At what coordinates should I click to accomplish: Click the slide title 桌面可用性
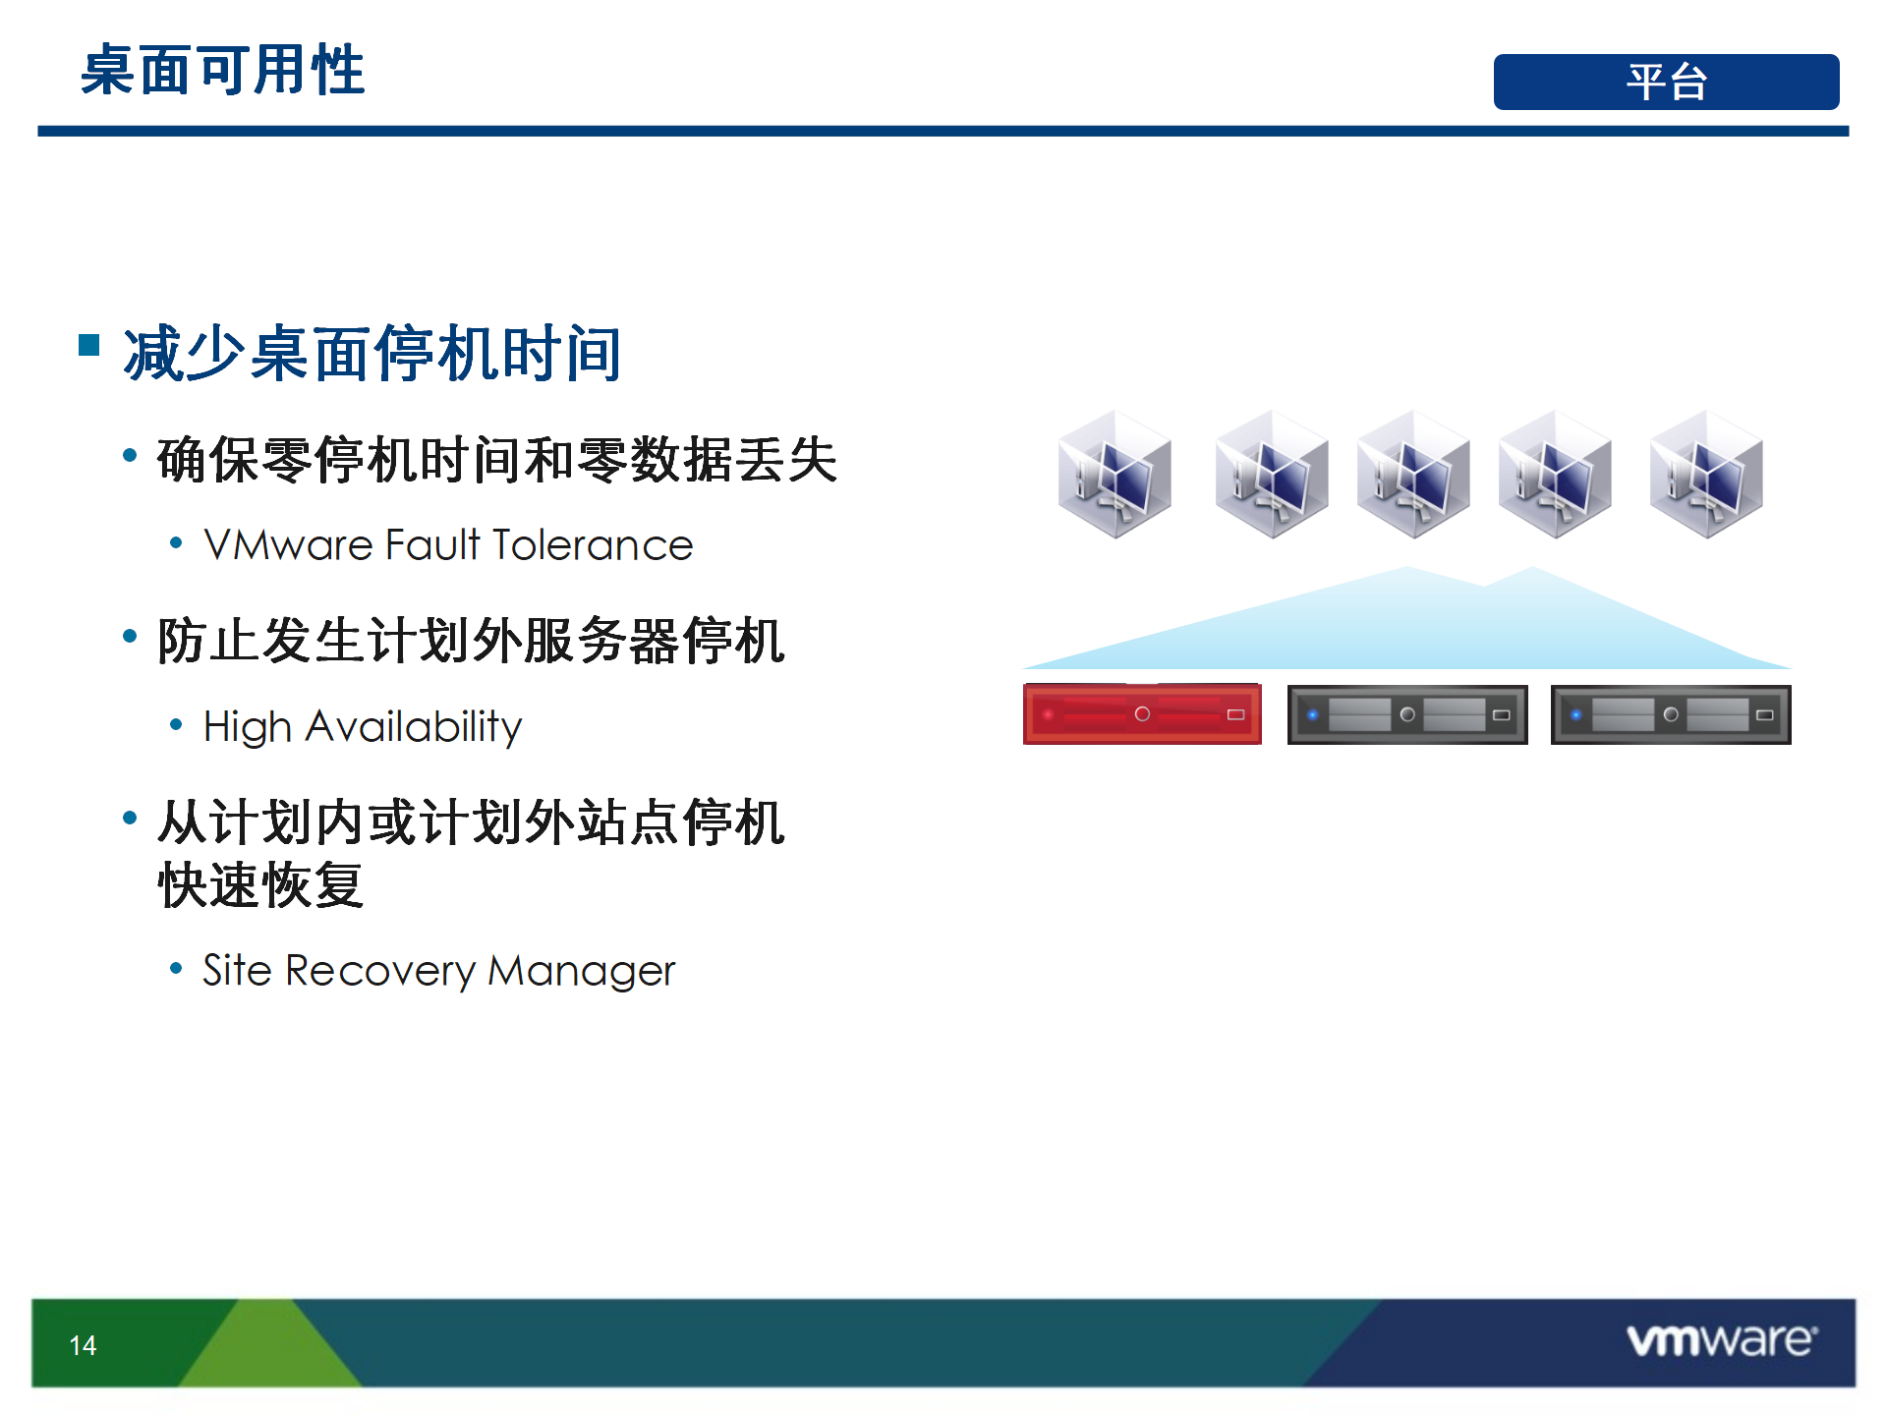[x=223, y=71]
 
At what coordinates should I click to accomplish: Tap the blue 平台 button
[x=1666, y=82]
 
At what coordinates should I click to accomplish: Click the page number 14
[x=83, y=1345]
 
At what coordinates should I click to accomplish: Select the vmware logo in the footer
[x=1722, y=1340]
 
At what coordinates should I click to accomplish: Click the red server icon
[x=1142, y=713]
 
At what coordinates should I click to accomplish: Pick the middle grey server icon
[x=1407, y=714]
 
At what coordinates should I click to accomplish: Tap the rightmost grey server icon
[x=1671, y=714]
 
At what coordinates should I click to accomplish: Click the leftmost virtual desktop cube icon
[x=1115, y=474]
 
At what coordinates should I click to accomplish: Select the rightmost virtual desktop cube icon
[x=1706, y=474]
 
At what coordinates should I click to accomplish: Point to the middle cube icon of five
[x=1413, y=474]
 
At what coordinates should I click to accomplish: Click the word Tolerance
[x=593, y=545]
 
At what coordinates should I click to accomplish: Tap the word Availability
[x=414, y=727]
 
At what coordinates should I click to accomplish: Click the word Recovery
[x=380, y=971]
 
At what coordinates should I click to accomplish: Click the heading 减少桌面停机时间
[x=372, y=354]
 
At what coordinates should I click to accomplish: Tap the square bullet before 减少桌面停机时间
[x=89, y=345]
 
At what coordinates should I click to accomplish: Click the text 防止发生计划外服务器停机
[x=471, y=641]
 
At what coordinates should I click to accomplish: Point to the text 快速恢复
[x=261, y=885]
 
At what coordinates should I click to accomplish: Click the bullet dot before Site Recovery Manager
[x=176, y=969]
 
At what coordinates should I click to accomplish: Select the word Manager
[x=582, y=971]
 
